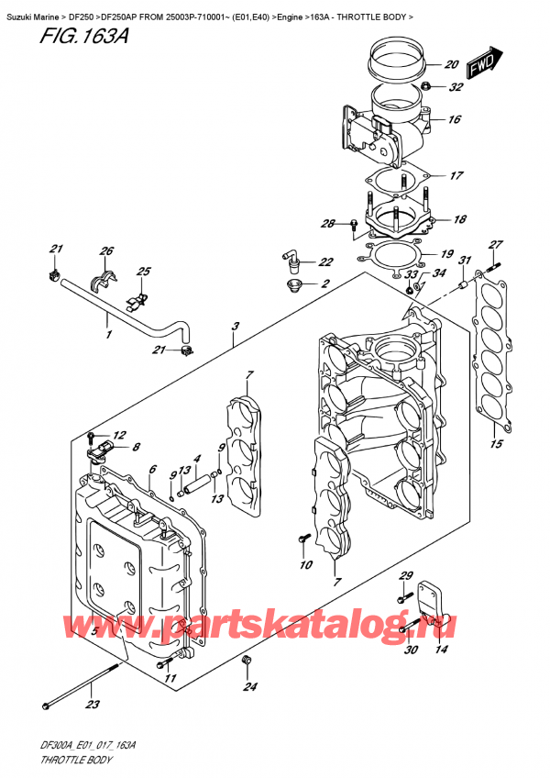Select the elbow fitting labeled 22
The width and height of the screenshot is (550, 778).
coord(292,261)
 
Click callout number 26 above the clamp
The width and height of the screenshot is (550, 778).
coord(106,251)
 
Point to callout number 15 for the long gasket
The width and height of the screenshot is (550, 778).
coord(496,447)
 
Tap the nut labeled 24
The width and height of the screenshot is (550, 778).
coord(246,661)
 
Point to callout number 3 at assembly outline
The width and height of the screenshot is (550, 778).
coord(236,327)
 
